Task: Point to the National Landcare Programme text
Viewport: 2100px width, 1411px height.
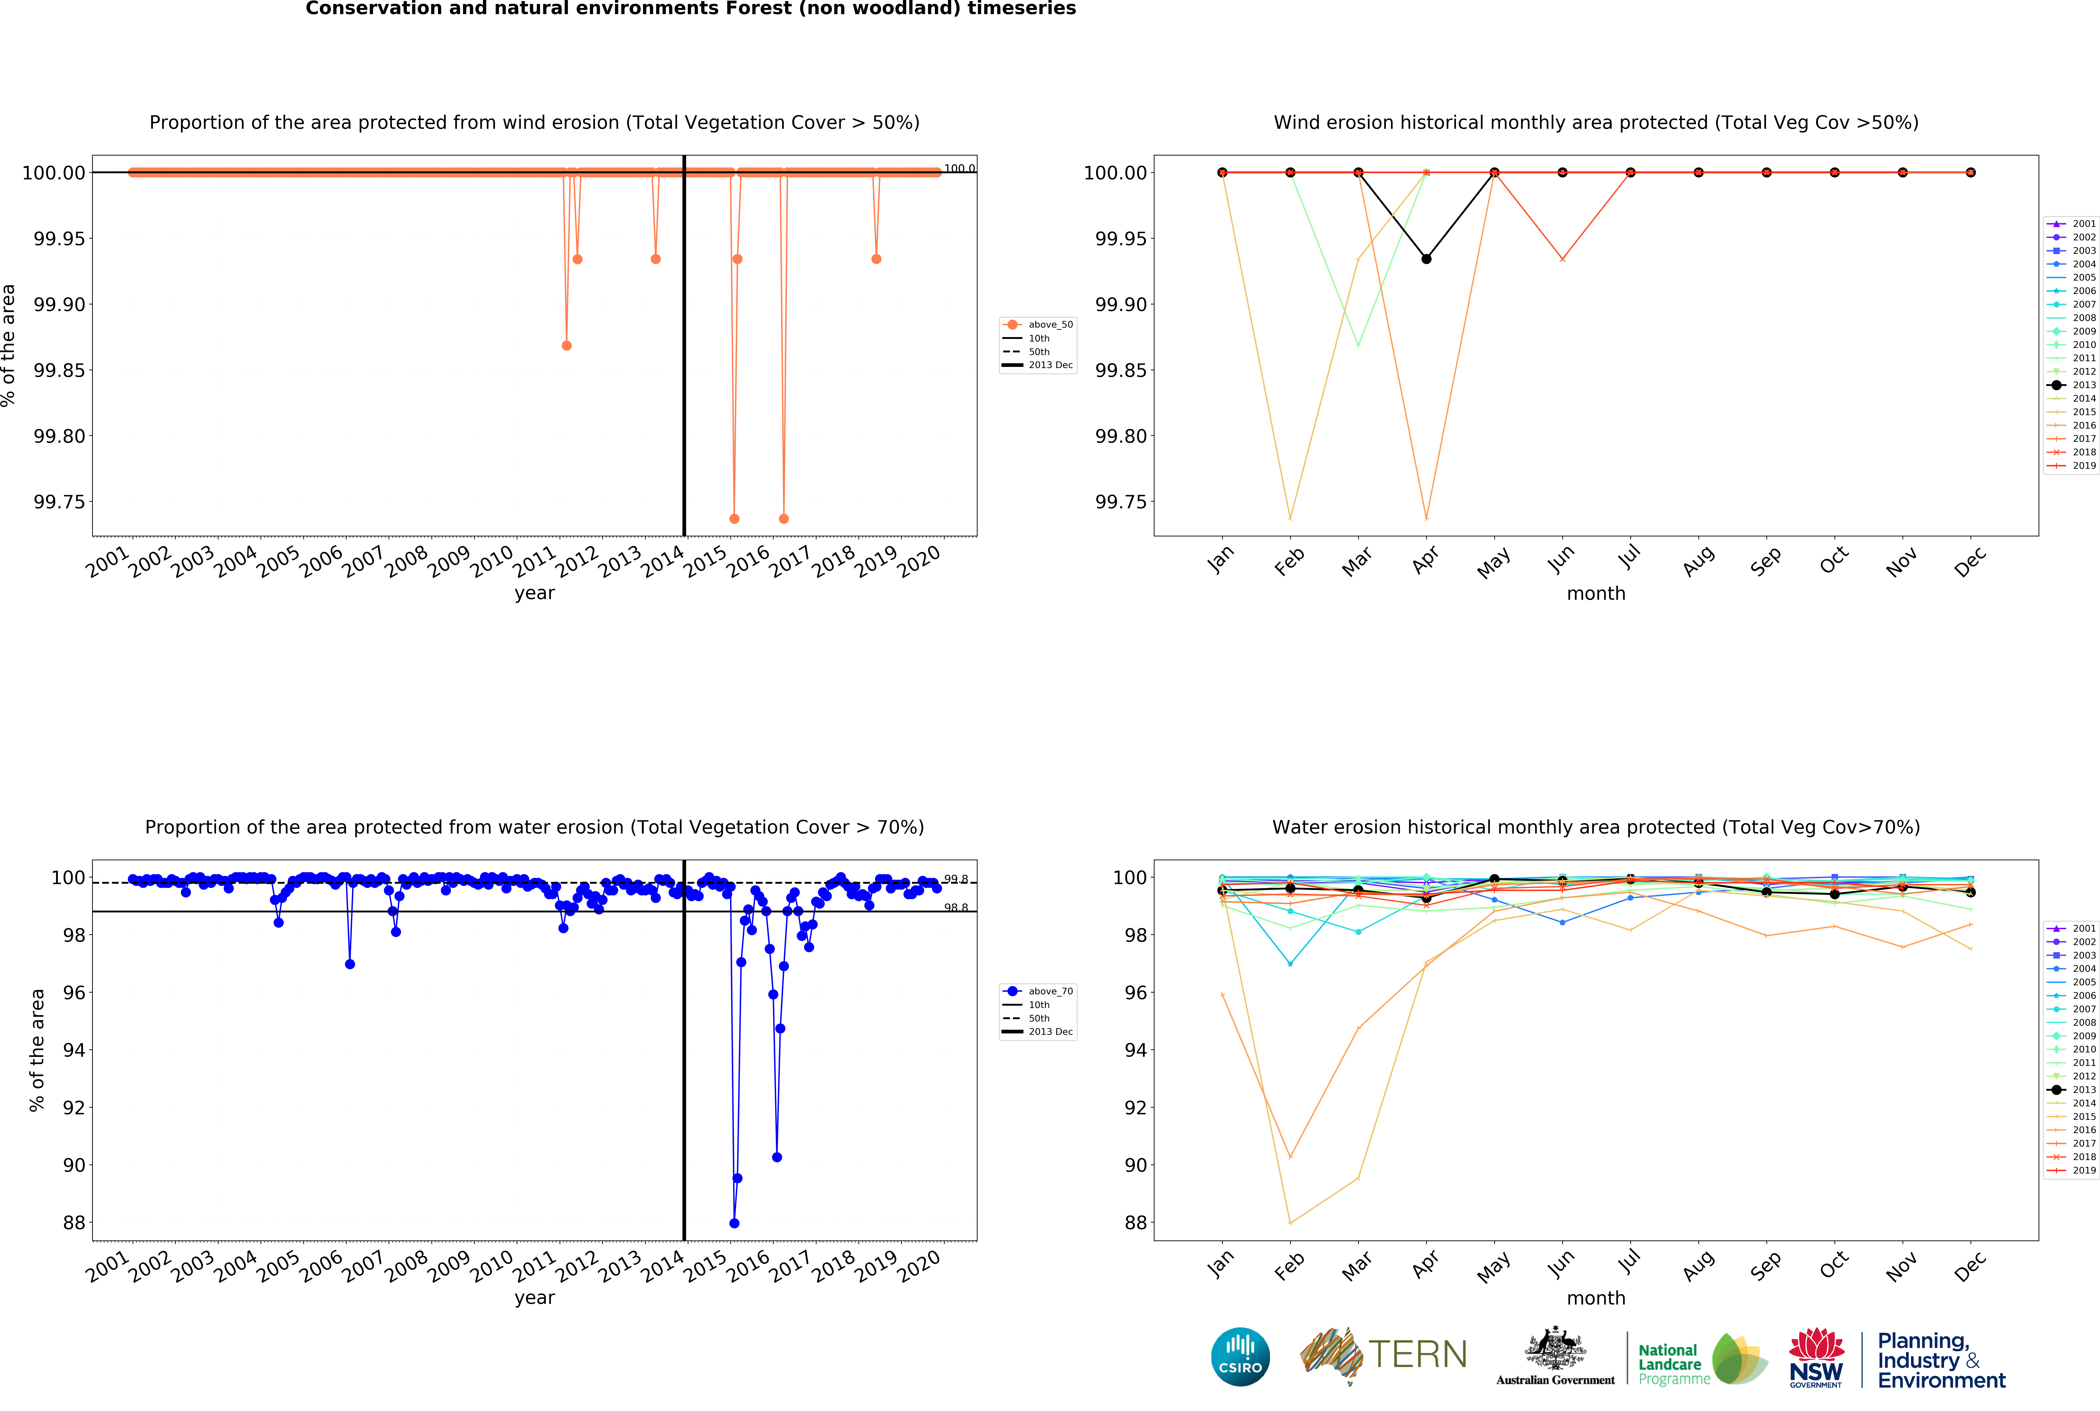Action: pos(1673,1363)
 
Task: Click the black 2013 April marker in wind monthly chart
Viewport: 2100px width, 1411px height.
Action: pos(1426,259)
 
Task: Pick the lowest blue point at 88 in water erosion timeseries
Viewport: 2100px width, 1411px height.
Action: pos(734,1223)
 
